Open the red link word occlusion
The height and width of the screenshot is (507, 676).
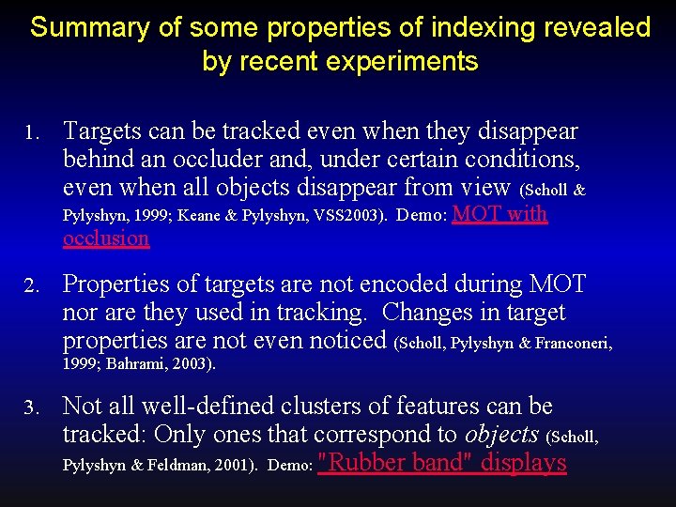click(x=106, y=238)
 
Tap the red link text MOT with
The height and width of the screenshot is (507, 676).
click(x=499, y=214)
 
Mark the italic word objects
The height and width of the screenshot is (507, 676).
click(x=501, y=435)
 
